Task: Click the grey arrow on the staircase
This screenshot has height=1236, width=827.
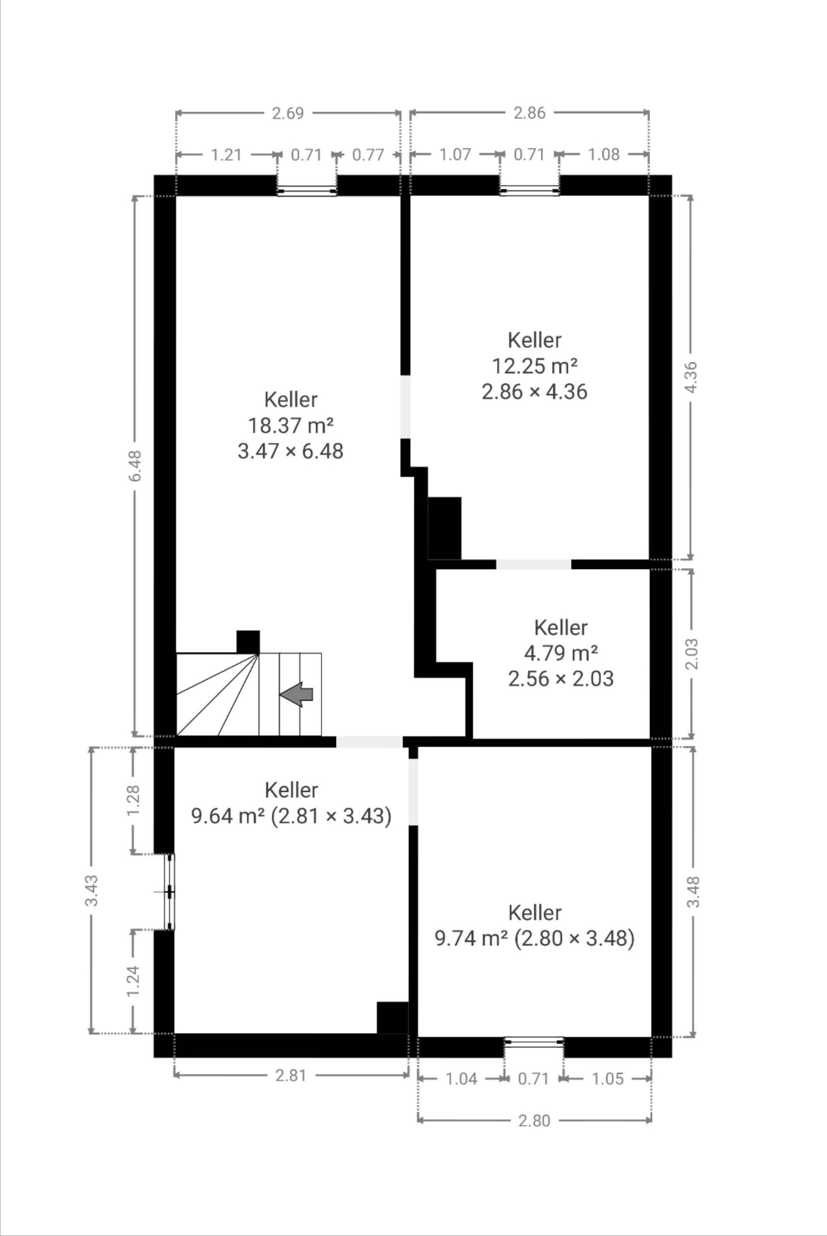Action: tap(296, 694)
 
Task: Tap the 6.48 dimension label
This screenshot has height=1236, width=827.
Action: tap(135, 466)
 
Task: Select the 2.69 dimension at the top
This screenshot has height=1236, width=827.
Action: tap(288, 113)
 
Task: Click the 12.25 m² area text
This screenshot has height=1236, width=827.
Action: tap(534, 365)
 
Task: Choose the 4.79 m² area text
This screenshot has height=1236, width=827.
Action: tap(561, 653)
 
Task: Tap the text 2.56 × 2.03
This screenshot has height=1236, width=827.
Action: tap(561, 678)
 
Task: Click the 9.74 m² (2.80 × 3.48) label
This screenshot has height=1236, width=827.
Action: tap(534, 938)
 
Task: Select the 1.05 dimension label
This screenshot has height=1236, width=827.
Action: tap(608, 1079)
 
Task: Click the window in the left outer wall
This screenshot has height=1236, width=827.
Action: tap(169, 891)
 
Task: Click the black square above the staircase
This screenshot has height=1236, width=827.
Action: tap(248, 642)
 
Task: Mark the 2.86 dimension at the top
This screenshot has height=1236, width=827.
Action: tap(530, 113)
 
